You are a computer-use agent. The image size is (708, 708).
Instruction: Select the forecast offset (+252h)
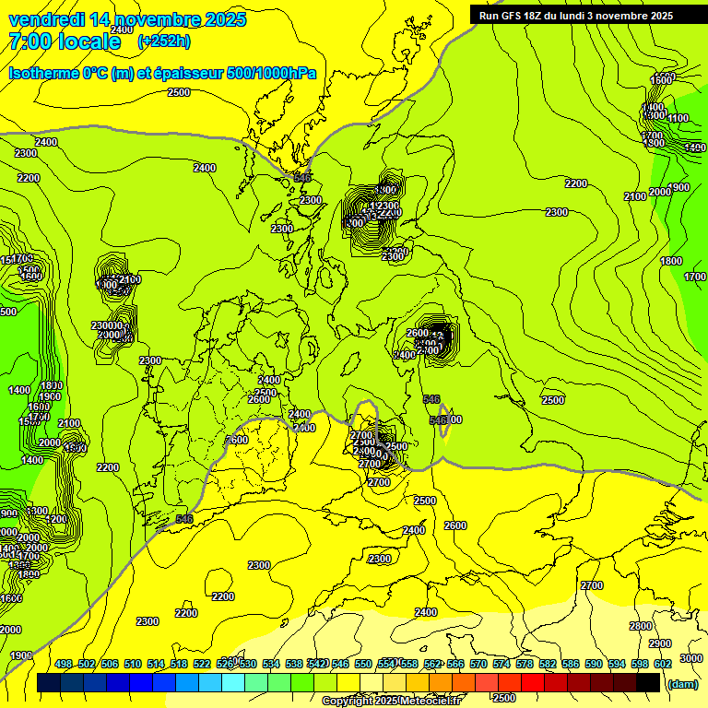tap(163, 41)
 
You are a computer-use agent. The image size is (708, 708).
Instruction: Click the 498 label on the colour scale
tap(64, 664)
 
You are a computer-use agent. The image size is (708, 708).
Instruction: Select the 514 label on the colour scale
tap(156, 664)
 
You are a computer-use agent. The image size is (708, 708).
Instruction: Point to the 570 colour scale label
tap(478, 664)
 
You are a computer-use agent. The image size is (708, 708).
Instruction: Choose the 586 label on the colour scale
tap(571, 664)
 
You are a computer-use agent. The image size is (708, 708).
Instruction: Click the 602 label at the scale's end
tap(663, 664)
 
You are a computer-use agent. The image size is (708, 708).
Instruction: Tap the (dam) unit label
tap(682, 683)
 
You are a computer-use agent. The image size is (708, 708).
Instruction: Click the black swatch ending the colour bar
tap(648, 682)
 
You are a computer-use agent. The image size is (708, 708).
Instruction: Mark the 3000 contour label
tap(690, 658)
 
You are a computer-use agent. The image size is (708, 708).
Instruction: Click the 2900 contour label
tap(660, 643)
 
